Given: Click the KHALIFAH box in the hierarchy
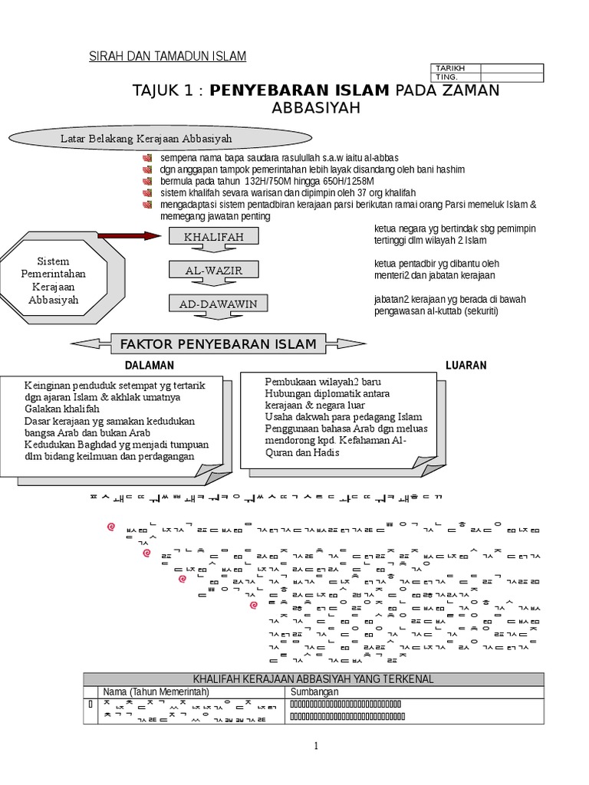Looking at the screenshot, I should (213, 237).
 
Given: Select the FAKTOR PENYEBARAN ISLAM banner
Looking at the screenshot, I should (217, 344).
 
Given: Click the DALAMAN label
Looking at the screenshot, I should (150, 366).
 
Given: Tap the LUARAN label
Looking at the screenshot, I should (466, 366).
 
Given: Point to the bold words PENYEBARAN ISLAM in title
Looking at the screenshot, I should (299, 90).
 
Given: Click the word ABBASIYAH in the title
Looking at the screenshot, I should (316, 109).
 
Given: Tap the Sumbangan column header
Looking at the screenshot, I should (315, 692).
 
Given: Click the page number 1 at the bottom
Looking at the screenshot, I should (315, 746).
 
